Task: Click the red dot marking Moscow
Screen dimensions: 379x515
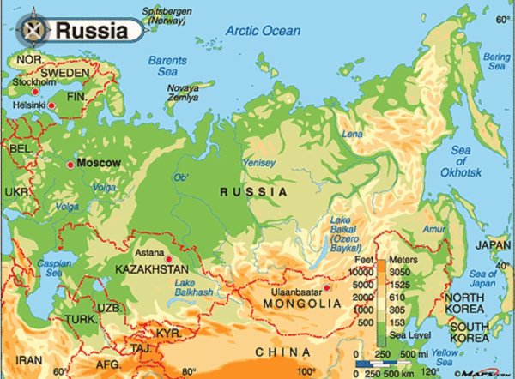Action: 70,162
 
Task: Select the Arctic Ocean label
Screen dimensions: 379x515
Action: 264,31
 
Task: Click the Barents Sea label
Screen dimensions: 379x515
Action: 167,66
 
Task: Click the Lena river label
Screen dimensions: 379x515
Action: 353,135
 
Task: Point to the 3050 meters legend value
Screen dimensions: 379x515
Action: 401,269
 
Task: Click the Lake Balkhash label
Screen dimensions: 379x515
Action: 192,288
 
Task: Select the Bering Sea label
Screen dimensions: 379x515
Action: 496,62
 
